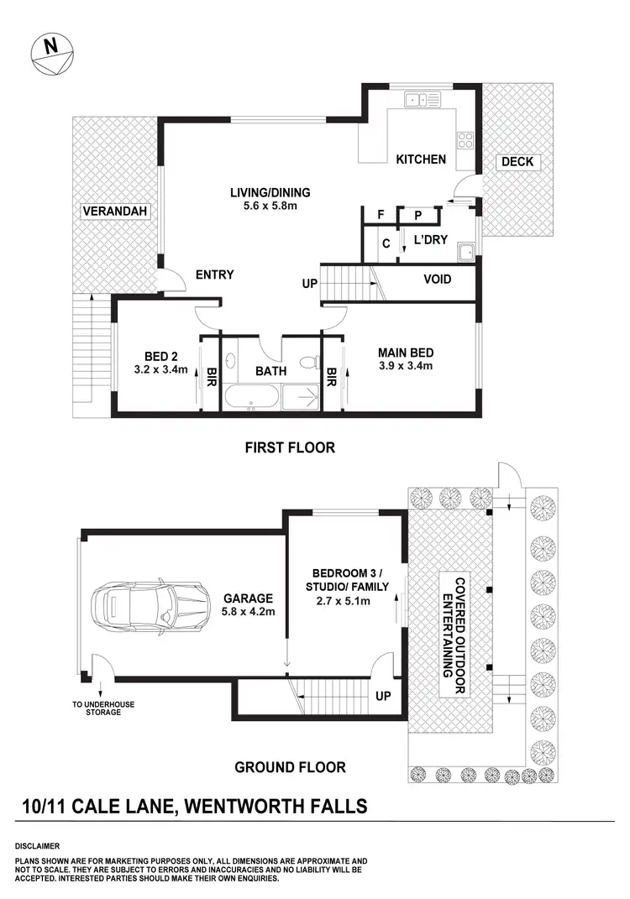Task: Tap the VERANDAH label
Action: [115, 212]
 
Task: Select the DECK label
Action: [517, 162]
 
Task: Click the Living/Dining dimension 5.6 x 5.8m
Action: [265, 204]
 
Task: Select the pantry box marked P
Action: [417, 216]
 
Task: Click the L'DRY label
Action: [431, 240]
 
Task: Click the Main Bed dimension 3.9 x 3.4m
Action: [405, 366]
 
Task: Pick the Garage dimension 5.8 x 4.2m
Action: [247, 612]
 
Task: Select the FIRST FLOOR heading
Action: [290, 447]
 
